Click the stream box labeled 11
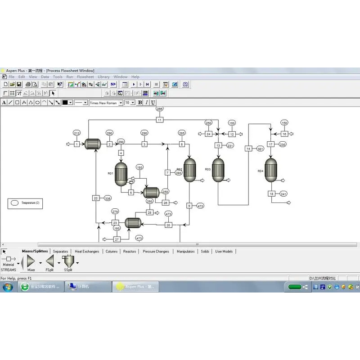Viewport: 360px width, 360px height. coord(159,120)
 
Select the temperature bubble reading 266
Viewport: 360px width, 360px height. coord(159,109)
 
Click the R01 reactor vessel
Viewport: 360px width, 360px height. coord(121,174)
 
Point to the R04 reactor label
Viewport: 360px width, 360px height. coord(260,171)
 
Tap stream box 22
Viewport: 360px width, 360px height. coord(96,198)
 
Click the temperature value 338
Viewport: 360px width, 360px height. coord(107,198)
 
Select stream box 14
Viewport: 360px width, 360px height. coord(248,148)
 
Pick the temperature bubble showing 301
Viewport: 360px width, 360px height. coord(260,148)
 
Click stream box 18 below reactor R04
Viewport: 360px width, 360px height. coord(271,194)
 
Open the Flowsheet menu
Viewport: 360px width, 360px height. coord(85,77)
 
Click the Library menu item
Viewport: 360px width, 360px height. coord(103,77)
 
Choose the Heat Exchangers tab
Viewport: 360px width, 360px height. coord(87,252)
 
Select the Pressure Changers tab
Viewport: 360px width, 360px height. coord(156,252)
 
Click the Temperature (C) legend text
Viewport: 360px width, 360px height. coord(31,203)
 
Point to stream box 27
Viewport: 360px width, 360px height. coord(117,239)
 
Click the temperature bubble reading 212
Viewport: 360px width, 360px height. coord(77,133)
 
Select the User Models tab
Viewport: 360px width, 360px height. coord(224,252)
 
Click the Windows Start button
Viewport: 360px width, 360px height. coord(8,287)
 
